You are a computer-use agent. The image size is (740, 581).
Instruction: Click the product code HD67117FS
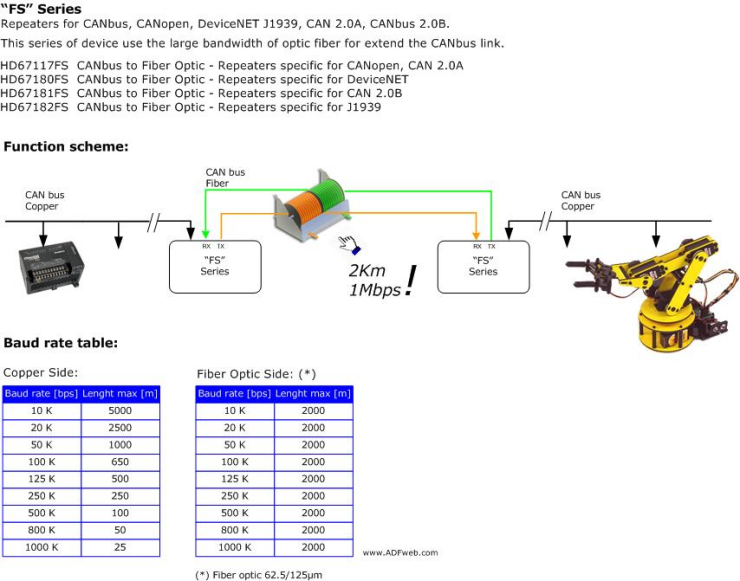point(35,65)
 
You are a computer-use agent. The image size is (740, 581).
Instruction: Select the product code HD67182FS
point(35,107)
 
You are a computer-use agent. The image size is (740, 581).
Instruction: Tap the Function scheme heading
point(66,147)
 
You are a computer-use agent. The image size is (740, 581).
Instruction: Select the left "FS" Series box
point(214,266)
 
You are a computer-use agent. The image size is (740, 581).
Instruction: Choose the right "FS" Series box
point(483,266)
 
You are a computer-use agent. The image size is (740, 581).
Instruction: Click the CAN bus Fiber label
point(225,178)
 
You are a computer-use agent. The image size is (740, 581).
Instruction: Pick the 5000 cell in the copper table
point(119,411)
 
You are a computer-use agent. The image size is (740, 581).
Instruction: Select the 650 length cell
point(119,462)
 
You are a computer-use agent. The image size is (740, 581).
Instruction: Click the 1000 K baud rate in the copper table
point(41,547)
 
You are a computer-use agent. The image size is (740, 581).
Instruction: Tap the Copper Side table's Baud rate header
point(41,394)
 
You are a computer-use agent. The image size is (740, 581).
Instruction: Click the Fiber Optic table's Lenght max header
point(313,394)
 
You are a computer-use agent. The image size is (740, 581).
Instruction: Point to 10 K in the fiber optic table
point(234,411)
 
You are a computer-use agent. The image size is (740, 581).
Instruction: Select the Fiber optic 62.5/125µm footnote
point(259,575)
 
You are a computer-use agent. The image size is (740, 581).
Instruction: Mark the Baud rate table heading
point(61,343)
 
